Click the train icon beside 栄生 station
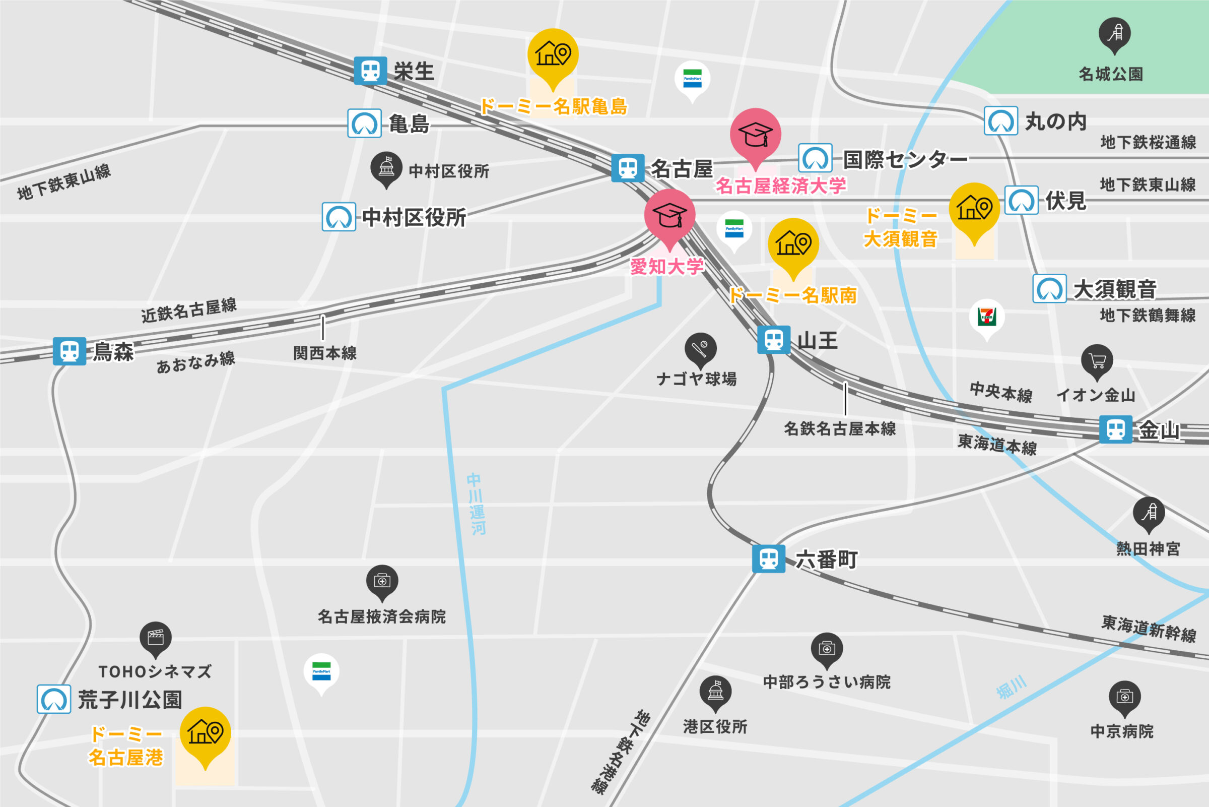point(370,71)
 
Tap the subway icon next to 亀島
point(364,123)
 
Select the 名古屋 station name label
point(682,168)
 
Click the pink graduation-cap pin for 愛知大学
point(669,215)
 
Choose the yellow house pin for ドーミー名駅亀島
point(553,54)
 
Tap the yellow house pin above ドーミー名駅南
point(793,244)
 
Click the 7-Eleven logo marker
point(986,317)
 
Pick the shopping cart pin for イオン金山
point(1097,361)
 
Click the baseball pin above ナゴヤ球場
point(700,349)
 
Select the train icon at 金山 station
point(1115,429)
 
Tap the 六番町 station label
point(826,560)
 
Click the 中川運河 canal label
point(476,505)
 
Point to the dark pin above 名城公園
point(1114,34)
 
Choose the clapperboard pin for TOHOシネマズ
point(155,638)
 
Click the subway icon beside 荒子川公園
point(54,699)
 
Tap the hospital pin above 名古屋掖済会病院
point(381,581)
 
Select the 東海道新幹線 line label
point(1149,629)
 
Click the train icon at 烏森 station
point(70,351)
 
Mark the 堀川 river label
point(1011,689)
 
